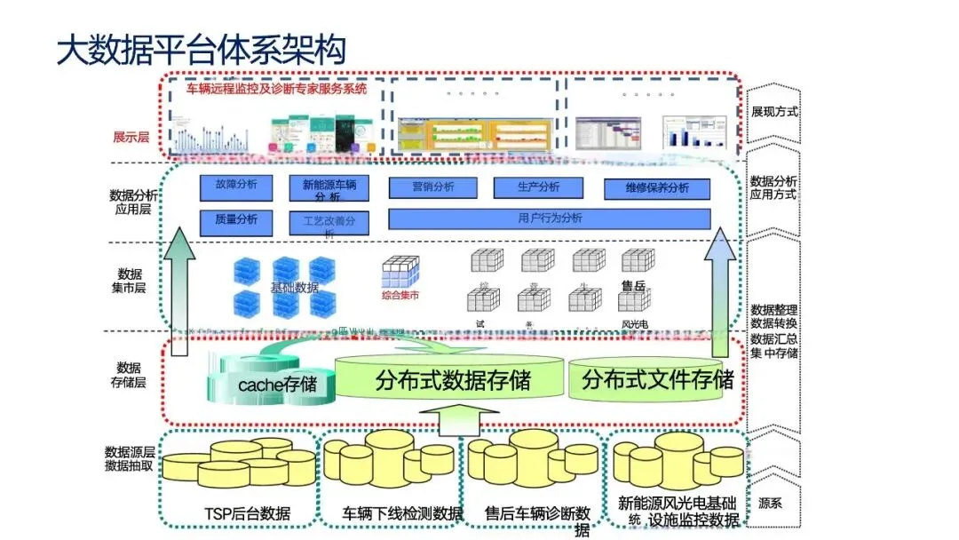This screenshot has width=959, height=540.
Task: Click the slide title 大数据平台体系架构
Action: pos(201,50)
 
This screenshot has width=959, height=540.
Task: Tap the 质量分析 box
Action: pos(236,218)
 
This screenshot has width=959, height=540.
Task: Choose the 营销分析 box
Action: pos(432,187)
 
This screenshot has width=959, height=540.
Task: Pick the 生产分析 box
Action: pos(538,187)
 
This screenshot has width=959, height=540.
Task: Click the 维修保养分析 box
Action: pos(657,188)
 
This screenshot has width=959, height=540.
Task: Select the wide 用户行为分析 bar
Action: pos(550,218)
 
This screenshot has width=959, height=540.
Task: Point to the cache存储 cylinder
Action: pos(275,385)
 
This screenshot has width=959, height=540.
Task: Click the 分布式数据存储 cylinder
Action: pos(453,380)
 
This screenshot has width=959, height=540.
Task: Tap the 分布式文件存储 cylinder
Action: pos(657,380)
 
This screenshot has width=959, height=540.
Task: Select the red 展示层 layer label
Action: pos(131,137)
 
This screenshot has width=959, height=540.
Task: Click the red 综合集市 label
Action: pos(400,295)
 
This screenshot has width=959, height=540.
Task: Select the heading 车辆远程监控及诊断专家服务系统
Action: pos(275,89)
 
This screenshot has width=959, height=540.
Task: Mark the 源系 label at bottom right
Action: pos(770,503)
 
